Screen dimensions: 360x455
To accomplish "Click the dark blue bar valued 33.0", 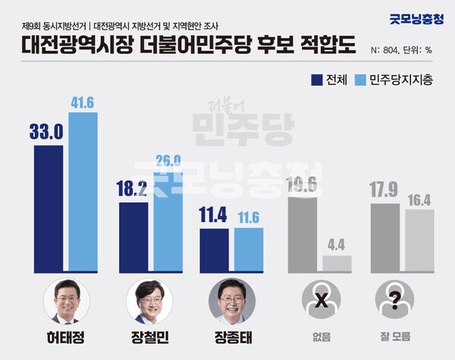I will point(49,208).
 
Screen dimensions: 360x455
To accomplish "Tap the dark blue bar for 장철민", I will point(133,236).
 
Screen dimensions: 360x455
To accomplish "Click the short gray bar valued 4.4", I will point(337,263).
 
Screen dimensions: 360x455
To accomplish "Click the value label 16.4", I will point(419,200).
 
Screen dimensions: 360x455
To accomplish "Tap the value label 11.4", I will point(214,218).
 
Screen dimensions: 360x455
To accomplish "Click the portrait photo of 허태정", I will point(66,302).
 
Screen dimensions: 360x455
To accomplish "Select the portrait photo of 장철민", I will point(149,302).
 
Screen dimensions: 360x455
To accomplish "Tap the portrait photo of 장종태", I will point(231,302).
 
